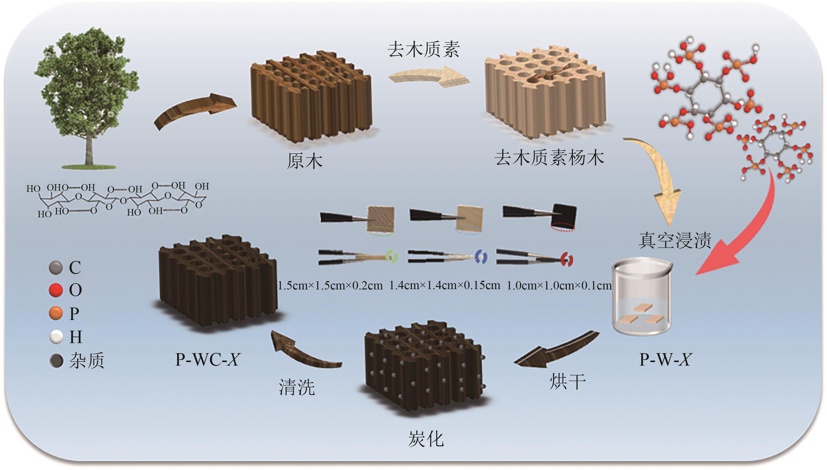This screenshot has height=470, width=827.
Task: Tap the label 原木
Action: (304, 161)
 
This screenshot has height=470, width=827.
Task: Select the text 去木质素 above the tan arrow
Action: (424, 50)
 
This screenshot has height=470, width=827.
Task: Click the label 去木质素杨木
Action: (549, 158)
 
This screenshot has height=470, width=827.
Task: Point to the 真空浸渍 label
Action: (675, 240)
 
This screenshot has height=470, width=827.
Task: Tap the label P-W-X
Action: (665, 359)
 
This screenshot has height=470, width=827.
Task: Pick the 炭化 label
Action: (426, 439)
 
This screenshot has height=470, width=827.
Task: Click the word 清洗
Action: (296, 387)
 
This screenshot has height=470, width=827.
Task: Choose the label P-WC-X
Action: (207, 359)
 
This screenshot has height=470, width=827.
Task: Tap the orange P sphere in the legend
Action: (55, 313)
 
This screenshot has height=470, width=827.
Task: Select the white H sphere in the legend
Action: (55, 337)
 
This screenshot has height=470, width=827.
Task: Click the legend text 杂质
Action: (87, 361)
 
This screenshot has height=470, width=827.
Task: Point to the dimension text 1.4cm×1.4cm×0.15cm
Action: (445, 285)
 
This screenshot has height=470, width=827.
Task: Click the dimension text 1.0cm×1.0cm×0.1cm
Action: (559, 285)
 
